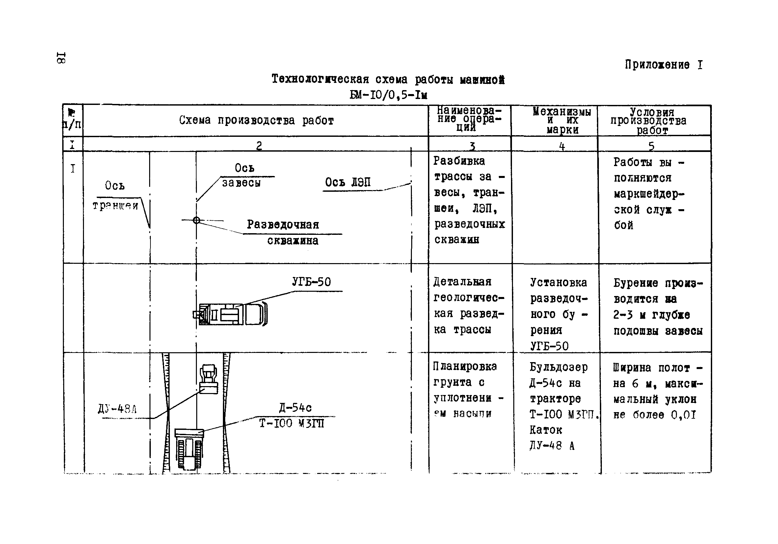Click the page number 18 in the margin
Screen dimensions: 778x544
click(x=61, y=58)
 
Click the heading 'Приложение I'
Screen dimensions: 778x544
click(x=663, y=65)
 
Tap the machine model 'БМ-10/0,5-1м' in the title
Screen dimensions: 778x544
click(x=388, y=95)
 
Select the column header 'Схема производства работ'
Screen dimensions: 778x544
click(x=256, y=120)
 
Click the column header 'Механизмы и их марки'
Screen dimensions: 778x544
click(x=561, y=120)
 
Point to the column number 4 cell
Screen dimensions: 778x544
click(x=561, y=146)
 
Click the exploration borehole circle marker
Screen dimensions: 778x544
click(x=197, y=220)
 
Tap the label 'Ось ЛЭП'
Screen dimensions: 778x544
click(x=348, y=183)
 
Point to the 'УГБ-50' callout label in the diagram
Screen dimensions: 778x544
click(x=311, y=282)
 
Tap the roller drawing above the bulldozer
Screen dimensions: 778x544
click(x=208, y=379)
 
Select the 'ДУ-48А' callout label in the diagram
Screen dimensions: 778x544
click(x=117, y=409)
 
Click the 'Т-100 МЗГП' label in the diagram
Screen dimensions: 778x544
click(x=291, y=424)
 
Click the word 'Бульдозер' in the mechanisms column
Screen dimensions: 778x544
click(x=558, y=367)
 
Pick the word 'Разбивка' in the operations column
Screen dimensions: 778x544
click(x=459, y=161)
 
